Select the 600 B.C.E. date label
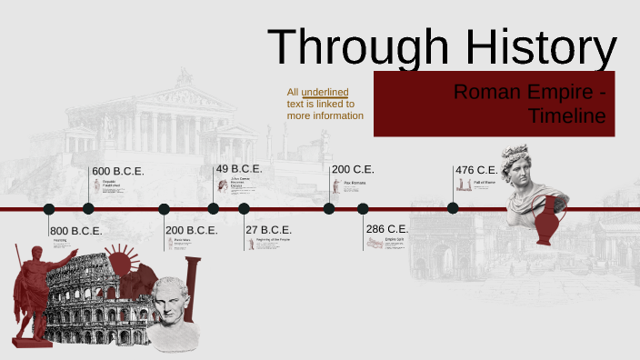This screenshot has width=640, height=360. (x=118, y=172)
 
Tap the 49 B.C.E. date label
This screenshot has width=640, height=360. (x=238, y=169)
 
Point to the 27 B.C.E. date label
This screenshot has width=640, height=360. (x=268, y=230)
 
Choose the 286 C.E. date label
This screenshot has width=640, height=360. (x=387, y=228)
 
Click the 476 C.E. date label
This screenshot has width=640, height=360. (x=476, y=170)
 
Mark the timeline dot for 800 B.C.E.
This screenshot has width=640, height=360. (x=49, y=209)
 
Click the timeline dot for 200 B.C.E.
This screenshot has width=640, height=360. (x=165, y=209)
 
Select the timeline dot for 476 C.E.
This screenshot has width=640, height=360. (x=453, y=208)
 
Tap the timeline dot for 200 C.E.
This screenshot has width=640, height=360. (x=329, y=208)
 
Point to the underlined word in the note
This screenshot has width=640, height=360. (x=325, y=92)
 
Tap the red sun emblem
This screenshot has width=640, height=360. (x=120, y=263)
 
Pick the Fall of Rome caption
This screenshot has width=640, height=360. (x=485, y=183)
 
